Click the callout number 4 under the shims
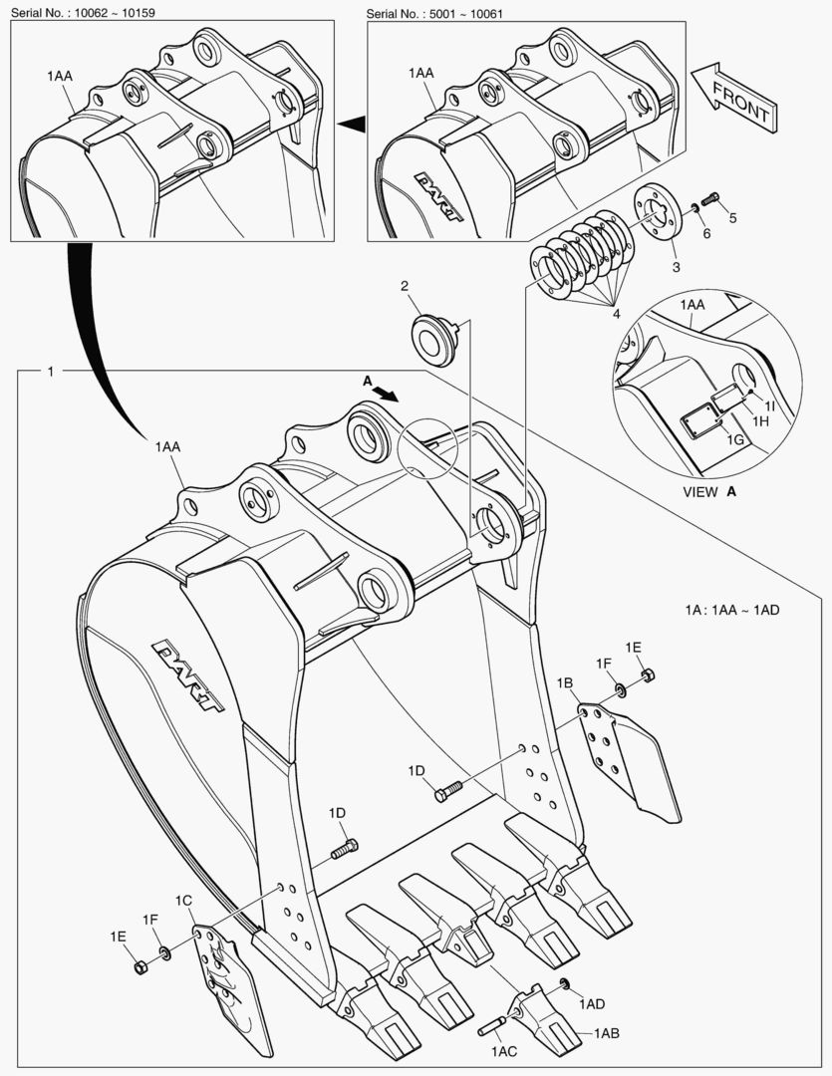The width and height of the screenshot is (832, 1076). click(617, 314)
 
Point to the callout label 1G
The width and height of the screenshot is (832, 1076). click(735, 439)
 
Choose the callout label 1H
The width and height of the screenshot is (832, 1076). click(760, 422)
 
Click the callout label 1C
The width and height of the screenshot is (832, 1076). click(183, 900)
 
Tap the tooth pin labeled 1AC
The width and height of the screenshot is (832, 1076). click(497, 1025)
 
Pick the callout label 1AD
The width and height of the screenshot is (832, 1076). click(592, 1003)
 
